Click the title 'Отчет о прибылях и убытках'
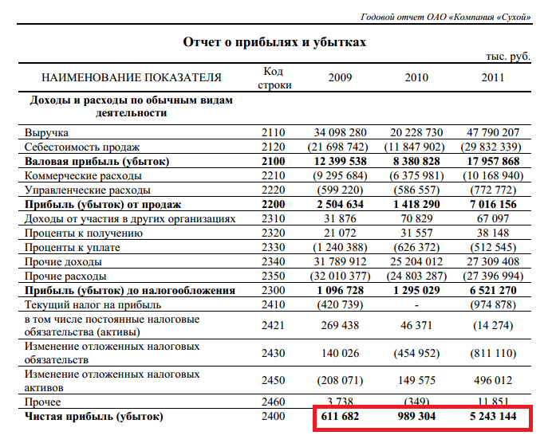pos(274,42)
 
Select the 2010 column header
pos(416,77)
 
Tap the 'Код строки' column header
pos(274,78)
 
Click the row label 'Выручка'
pos(46,133)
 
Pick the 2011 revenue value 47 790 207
pos(493,132)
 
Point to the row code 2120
pos(273,147)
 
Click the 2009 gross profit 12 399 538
pos(340,161)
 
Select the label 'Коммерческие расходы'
pos(83,175)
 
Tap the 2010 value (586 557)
pos(416,190)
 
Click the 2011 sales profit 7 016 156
pos(493,204)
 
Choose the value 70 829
pos(416,218)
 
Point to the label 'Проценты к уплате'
pos(73,248)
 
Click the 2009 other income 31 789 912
pos(340,261)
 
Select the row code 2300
pos(273,290)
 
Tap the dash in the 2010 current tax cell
pos(416,305)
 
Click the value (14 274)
pos(493,325)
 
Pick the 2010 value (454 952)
pos(416,354)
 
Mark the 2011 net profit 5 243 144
pos(493,416)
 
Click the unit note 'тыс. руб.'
pos(508,57)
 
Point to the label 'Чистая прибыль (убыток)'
pos(93,417)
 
